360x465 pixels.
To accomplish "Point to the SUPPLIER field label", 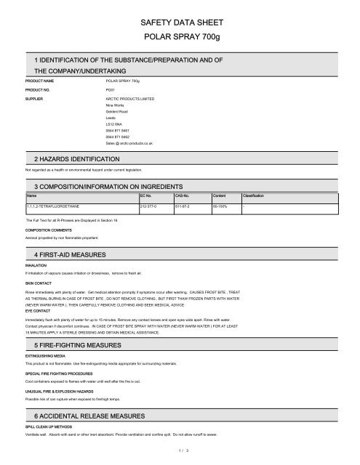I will (35, 97).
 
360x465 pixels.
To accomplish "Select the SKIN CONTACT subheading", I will (39, 280).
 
